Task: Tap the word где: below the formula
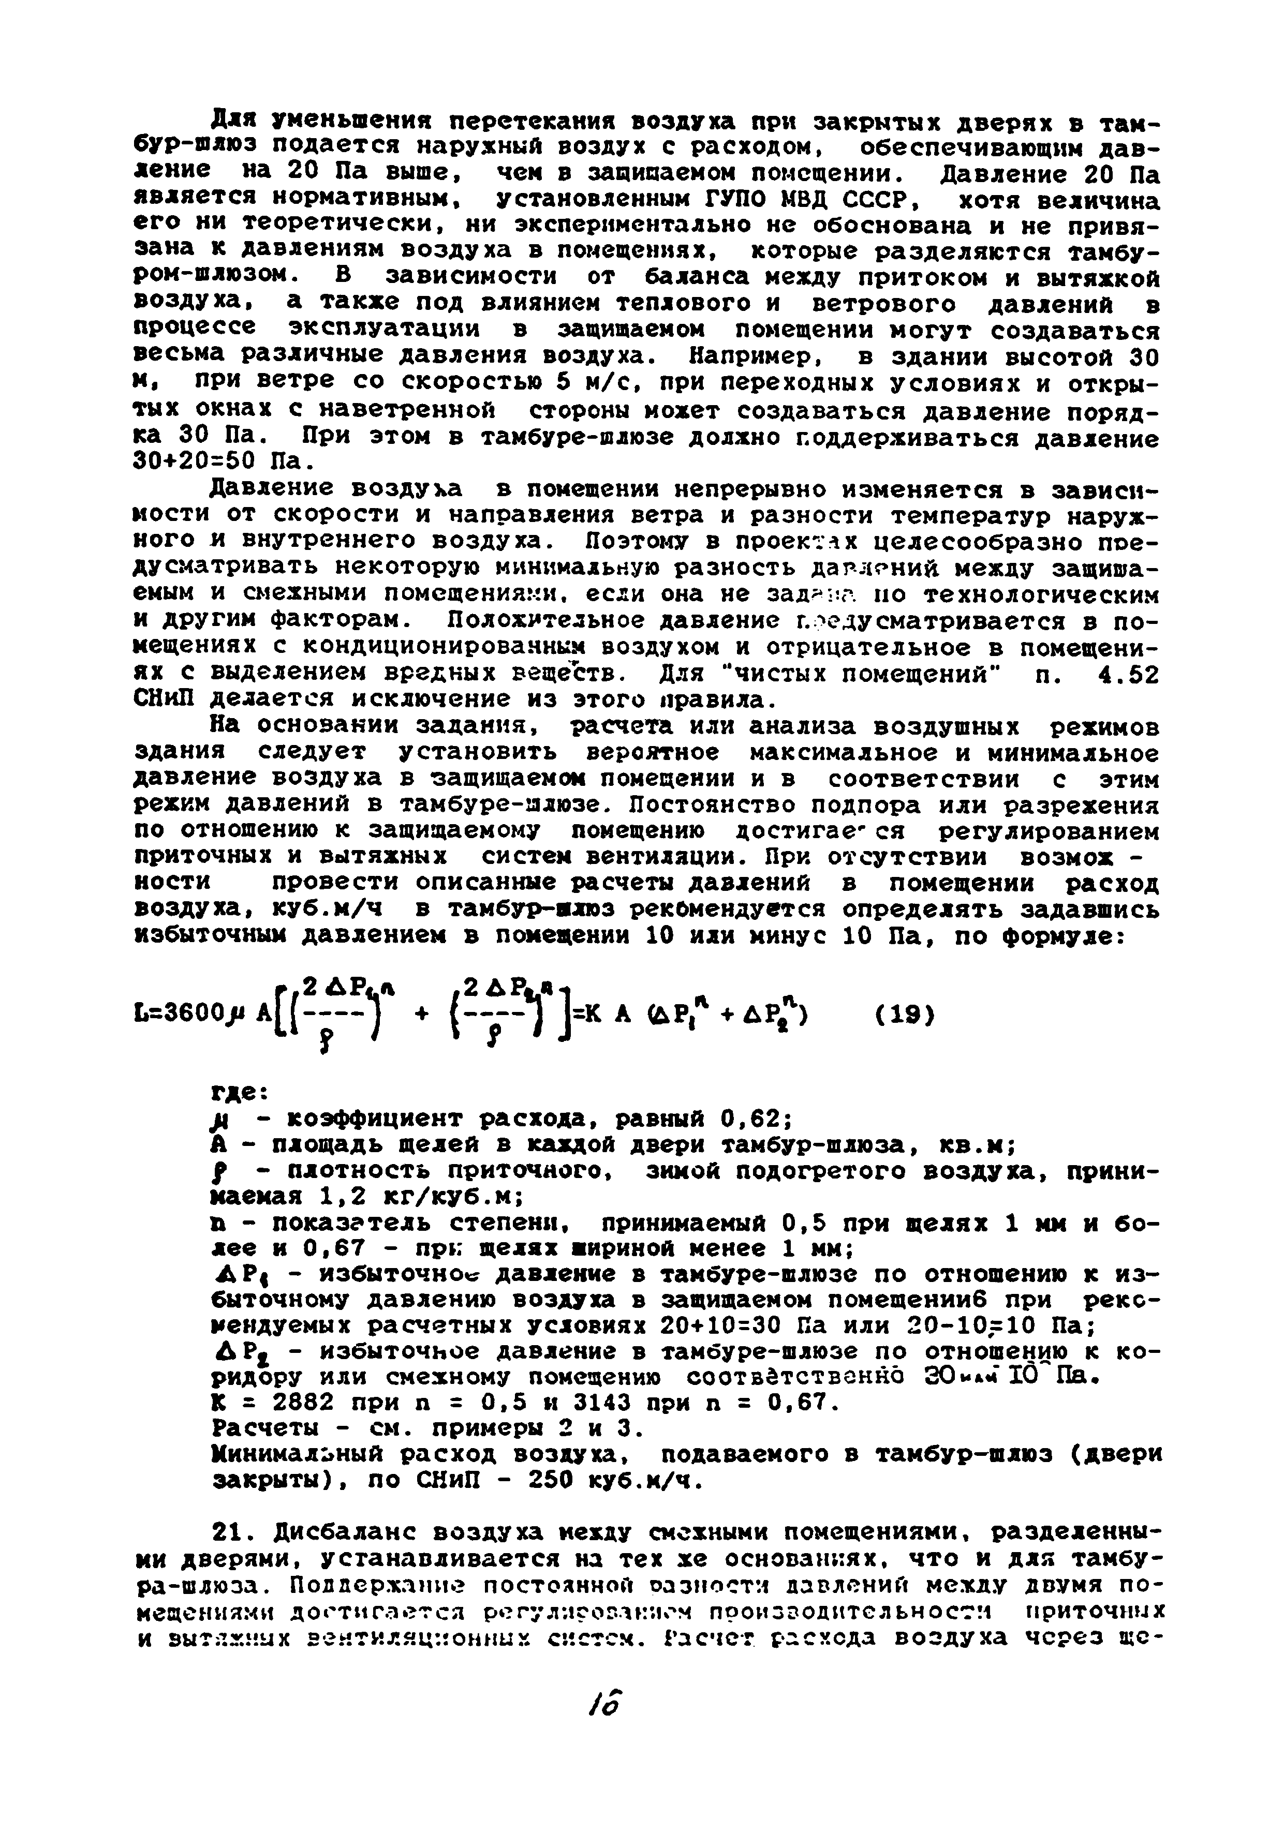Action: (x=237, y=1091)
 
